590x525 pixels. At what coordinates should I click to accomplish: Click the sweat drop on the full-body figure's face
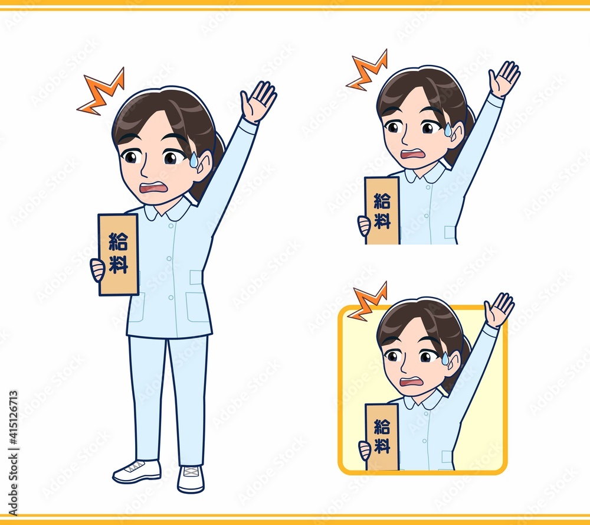(x=194, y=159)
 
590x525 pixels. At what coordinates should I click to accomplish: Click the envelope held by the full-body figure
(x=118, y=255)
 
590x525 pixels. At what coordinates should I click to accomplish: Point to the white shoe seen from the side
(x=137, y=471)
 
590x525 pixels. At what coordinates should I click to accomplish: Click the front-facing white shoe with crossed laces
(x=191, y=479)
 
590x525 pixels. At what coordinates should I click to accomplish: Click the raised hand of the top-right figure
(x=504, y=79)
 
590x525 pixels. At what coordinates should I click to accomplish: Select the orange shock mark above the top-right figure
(x=367, y=71)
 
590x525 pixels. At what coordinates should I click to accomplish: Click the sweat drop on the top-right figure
(x=448, y=129)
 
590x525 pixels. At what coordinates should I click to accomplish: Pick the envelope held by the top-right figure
(x=382, y=211)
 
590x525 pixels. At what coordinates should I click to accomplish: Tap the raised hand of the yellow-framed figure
(x=499, y=310)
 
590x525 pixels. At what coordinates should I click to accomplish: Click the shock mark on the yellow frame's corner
(x=367, y=302)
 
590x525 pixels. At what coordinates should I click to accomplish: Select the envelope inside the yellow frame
(x=382, y=437)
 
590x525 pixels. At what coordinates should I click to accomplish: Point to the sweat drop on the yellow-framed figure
(x=445, y=358)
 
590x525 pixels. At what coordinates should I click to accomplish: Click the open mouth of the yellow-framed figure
(x=412, y=382)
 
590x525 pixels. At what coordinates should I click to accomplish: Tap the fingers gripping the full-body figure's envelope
(x=97, y=269)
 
